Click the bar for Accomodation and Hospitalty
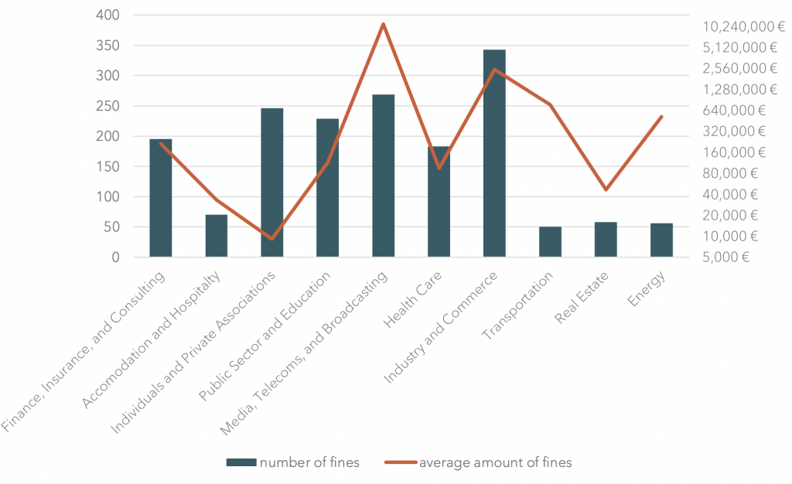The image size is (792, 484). (216, 236)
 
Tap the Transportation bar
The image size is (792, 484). (550, 242)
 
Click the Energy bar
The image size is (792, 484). (661, 240)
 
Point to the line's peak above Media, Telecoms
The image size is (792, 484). (383, 24)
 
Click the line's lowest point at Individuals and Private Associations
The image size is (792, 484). (271, 239)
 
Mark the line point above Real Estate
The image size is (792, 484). (606, 189)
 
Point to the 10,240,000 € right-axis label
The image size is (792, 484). (738, 26)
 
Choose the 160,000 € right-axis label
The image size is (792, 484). (734, 152)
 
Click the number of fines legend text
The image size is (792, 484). (309, 462)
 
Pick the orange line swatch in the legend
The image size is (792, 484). (400, 462)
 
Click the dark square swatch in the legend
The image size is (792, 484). (241, 462)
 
